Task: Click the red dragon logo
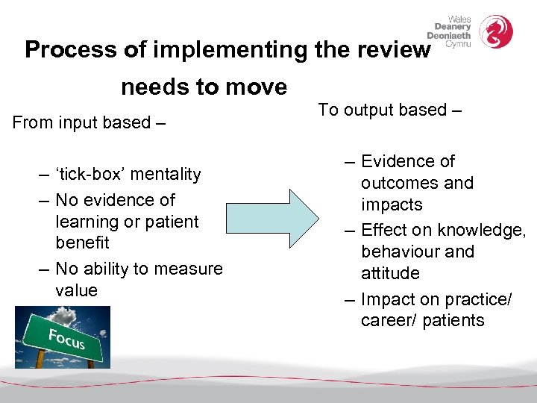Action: click(x=495, y=31)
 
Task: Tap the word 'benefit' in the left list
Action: click(x=82, y=243)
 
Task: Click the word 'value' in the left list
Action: click(x=76, y=290)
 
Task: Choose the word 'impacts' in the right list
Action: click(x=392, y=205)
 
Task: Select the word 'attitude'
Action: click(x=390, y=273)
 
